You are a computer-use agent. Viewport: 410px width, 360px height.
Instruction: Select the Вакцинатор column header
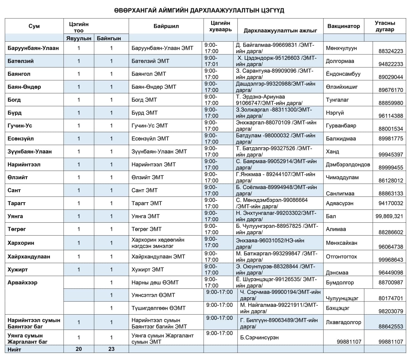tap(343, 26)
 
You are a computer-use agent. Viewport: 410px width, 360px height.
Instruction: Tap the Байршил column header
tap(166, 26)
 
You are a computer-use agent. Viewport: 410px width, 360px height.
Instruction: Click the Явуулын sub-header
tap(79, 38)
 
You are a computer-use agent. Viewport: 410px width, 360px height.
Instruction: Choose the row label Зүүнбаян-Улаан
tap(29, 152)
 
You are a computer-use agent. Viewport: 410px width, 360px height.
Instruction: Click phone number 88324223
tap(390, 51)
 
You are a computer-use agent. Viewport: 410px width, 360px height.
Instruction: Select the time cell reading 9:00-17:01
tap(211, 61)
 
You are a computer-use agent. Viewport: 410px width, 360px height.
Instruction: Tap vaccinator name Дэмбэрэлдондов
tap(348, 164)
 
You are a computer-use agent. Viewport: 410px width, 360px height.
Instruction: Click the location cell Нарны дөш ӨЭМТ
tap(155, 283)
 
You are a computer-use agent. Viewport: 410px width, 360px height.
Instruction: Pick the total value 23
tap(111, 349)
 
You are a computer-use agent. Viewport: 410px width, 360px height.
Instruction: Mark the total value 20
tap(79, 349)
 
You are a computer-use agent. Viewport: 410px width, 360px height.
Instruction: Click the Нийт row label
tap(14, 349)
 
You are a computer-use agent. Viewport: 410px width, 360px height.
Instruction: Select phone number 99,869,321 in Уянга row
tap(389, 216)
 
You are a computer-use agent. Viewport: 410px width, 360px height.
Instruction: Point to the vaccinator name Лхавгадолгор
tap(343, 322)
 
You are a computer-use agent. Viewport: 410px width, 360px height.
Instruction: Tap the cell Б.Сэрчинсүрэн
tap(259, 338)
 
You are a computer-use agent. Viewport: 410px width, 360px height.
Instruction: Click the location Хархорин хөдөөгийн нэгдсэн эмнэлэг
tap(158, 243)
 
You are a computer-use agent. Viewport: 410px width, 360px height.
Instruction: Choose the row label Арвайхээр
tap(22, 283)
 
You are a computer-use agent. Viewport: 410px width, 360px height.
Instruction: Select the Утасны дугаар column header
tap(385, 26)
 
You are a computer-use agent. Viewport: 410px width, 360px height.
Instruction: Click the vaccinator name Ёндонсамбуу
tap(343, 74)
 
